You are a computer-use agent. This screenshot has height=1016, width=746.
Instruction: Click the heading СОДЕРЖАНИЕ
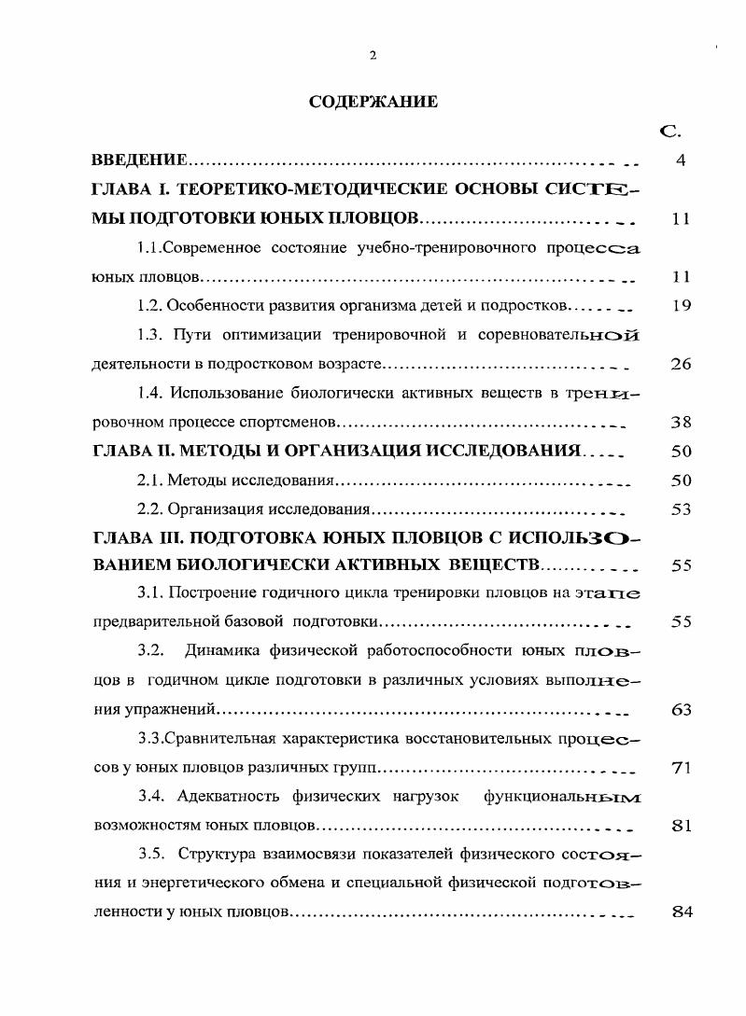pos(373,102)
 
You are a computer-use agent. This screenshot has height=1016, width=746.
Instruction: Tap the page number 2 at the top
pos(373,56)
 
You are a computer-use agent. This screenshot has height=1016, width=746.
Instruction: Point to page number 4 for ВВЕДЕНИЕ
pos(681,160)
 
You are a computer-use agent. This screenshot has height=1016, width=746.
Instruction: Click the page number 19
pos(681,305)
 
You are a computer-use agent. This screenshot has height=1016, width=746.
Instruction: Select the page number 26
pos(681,364)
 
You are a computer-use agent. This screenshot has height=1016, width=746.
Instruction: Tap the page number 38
pos(681,422)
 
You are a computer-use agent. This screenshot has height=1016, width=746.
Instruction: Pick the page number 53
pos(681,509)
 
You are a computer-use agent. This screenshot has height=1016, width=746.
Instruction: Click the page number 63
pos(681,709)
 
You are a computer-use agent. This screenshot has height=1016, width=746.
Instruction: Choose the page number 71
pos(681,768)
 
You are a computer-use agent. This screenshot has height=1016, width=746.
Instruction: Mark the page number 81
pos(681,826)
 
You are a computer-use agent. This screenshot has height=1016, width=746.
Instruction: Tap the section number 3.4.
pos(152,797)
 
